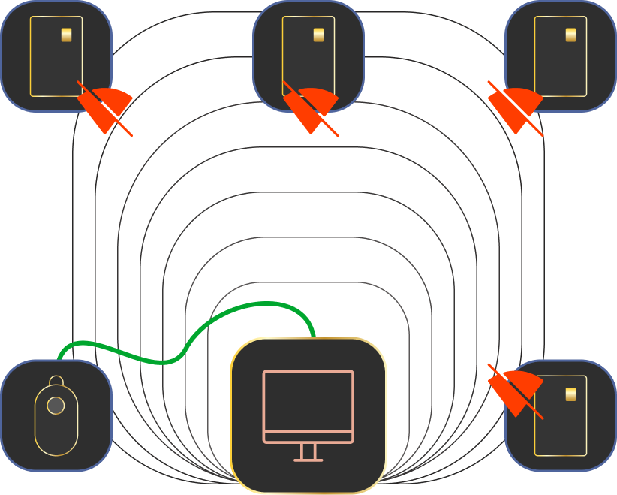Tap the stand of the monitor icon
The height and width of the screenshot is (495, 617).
pyautogui.click(x=308, y=451)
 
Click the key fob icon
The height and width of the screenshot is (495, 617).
pyautogui.click(x=56, y=415)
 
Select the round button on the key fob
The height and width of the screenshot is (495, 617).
pyautogui.click(x=56, y=406)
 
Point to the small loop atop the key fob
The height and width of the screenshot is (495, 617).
pyautogui.click(x=56, y=381)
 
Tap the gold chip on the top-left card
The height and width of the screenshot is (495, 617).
pyautogui.click(x=67, y=35)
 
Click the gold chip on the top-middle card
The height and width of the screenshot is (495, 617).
pyautogui.click(x=319, y=35)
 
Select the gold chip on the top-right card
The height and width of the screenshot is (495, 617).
pyautogui.click(x=571, y=35)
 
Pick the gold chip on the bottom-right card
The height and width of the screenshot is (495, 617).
pyautogui.click(x=571, y=394)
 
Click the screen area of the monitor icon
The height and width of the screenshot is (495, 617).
pyautogui.click(x=308, y=402)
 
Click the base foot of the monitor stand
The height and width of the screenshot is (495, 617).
pyautogui.click(x=308, y=460)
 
